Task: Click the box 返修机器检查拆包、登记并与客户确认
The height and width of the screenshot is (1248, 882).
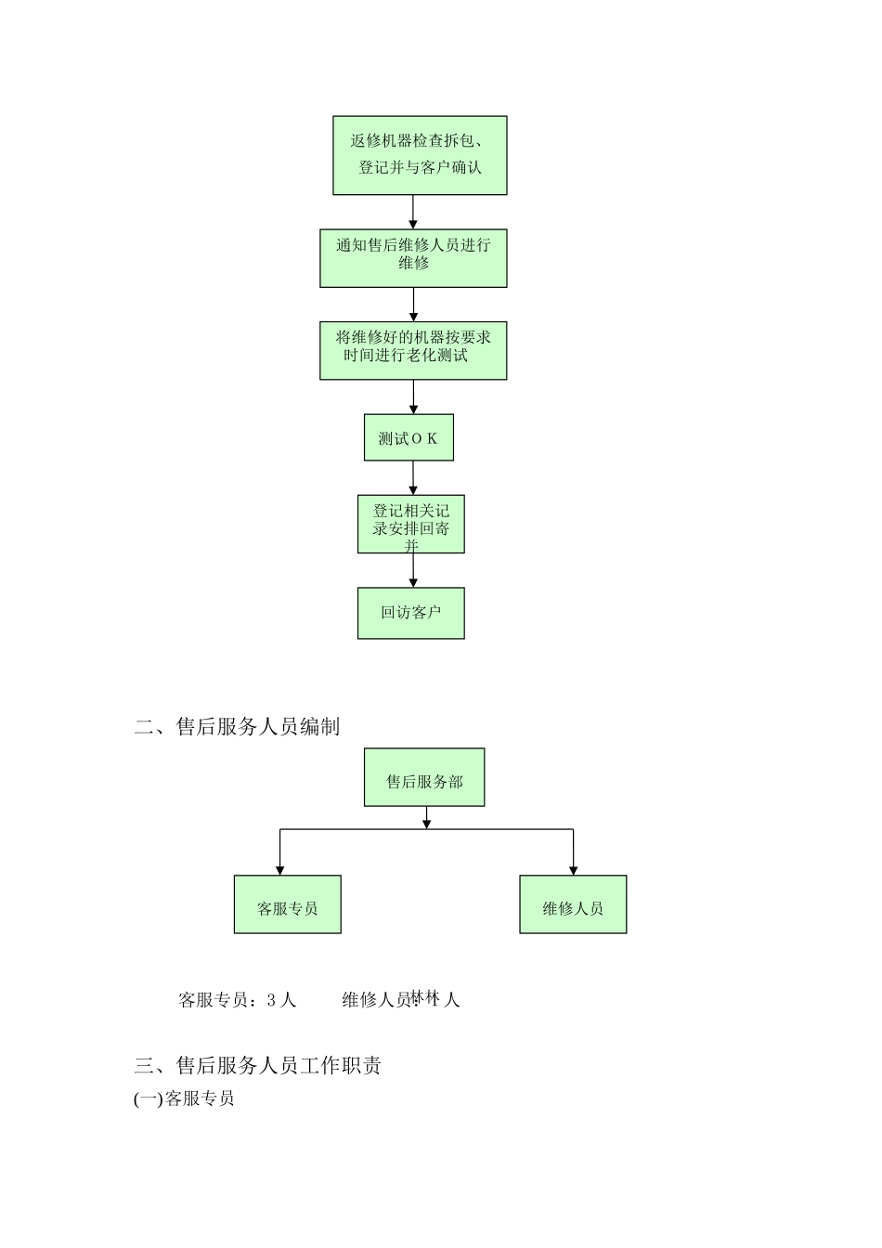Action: [420, 155]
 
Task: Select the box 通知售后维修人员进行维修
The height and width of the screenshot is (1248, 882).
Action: [413, 257]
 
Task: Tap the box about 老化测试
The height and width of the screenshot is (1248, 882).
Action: [413, 350]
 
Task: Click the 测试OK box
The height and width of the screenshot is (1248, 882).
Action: [409, 437]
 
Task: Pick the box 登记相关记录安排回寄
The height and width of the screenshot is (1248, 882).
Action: [410, 525]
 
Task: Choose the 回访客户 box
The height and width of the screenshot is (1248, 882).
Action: [410, 613]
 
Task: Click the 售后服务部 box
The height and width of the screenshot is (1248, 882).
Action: [424, 777]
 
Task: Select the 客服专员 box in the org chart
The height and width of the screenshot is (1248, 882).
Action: [287, 904]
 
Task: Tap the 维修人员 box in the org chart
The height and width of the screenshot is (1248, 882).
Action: [573, 904]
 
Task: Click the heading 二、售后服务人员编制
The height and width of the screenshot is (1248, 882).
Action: [237, 727]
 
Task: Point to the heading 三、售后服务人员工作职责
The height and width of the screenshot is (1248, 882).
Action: [257, 1065]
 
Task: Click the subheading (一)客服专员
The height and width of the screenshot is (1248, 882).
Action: [184, 1098]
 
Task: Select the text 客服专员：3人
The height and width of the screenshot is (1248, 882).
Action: [237, 1000]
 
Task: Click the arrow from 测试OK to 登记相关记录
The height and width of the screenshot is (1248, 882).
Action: [413, 478]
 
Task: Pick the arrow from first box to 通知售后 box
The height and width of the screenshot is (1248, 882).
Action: [413, 213]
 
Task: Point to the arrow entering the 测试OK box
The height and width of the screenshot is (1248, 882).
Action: [413, 397]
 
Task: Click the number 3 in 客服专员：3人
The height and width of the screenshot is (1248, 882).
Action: [272, 1000]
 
